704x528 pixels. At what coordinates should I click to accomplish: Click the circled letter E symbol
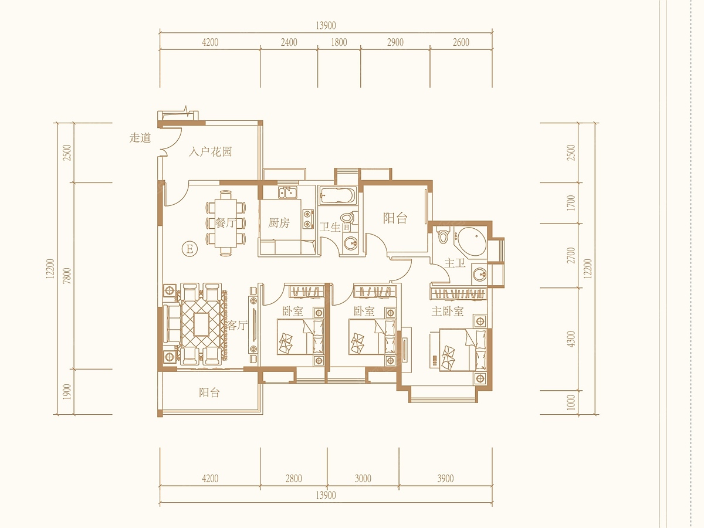coord(189,249)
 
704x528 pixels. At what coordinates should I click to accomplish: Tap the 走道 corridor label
coord(140,138)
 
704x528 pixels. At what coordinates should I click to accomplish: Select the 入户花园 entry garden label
coord(210,151)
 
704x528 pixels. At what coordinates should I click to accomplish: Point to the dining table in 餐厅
coord(226,223)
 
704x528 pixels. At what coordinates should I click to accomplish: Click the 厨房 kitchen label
coord(279,222)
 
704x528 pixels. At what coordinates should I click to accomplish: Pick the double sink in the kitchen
coord(288,192)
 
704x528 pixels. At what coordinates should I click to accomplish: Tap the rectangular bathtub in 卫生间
coord(337,195)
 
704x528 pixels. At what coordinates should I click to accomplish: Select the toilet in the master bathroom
coord(444,236)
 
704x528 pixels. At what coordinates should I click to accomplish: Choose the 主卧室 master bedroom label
coord(448,311)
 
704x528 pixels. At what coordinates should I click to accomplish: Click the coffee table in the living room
coord(201,324)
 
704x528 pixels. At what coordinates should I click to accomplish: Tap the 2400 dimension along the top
coord(289,42)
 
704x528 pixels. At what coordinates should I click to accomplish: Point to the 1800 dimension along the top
coord(339,42)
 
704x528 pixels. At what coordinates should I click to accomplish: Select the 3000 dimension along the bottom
coord(363,479)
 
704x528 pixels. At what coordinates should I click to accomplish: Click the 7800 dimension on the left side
coord(67,276)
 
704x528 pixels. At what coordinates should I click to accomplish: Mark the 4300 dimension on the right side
coord(571,339)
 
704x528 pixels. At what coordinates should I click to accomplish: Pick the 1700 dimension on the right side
coord(571,203)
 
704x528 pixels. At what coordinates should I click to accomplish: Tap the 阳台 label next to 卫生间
coord(395,218)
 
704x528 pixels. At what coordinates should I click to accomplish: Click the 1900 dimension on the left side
coord(67,391)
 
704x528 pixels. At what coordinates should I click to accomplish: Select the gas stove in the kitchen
coord(308,218)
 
